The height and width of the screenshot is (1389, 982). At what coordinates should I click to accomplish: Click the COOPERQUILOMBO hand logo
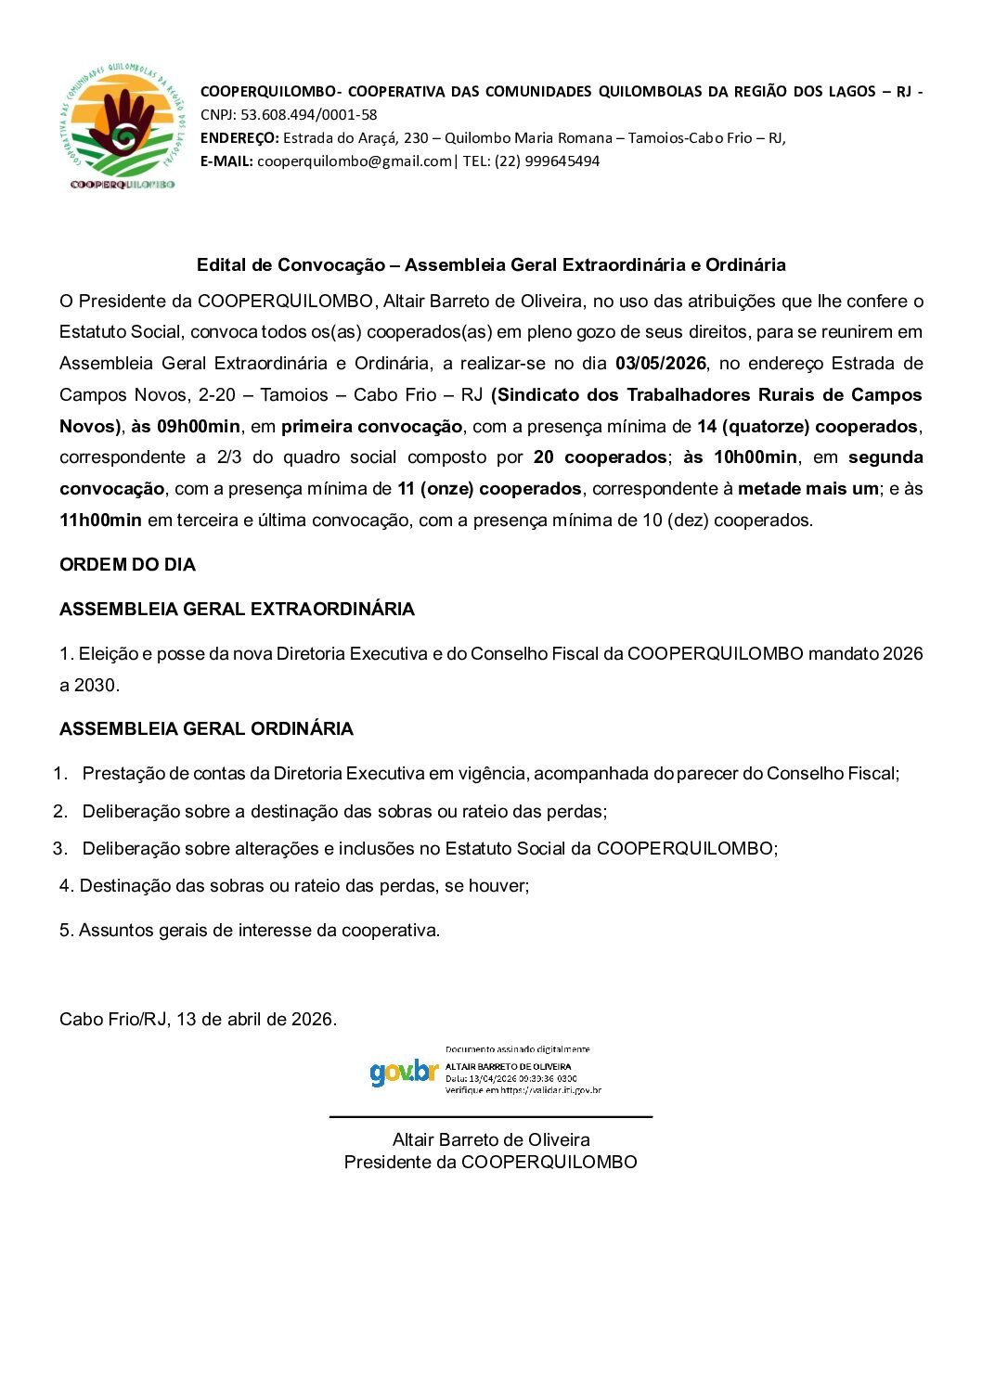122,127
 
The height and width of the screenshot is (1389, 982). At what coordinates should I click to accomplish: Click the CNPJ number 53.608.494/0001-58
308,115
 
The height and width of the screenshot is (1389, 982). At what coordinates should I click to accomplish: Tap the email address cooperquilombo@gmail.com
354,161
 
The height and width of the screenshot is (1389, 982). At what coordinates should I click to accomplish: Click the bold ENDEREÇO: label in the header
239,138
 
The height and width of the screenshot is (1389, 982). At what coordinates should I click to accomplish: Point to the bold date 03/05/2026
661,364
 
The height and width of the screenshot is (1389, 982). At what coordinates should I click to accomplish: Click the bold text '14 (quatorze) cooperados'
808,427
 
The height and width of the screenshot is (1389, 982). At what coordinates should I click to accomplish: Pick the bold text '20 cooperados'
600,457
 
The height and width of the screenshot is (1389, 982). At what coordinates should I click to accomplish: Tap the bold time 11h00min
100,521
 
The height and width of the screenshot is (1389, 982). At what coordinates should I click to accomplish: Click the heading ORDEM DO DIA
127,565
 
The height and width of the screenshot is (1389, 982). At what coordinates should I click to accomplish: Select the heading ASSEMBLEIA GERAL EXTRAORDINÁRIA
237,610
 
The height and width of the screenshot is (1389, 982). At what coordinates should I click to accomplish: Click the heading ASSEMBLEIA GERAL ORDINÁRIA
206,729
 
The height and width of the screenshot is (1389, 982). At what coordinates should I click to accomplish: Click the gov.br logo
404,1073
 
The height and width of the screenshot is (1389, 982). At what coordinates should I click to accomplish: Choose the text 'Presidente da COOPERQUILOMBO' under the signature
490,1163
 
